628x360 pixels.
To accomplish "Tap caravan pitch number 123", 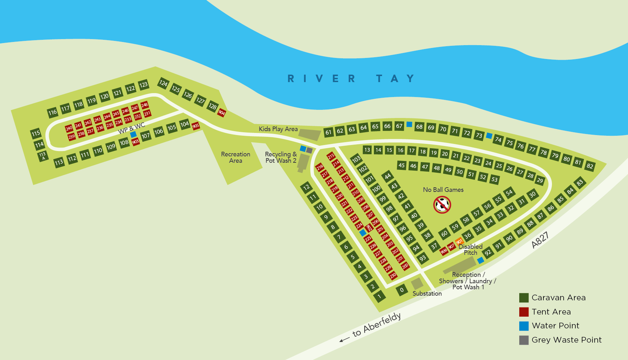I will [143, 85].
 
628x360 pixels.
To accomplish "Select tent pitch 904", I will [222, 113].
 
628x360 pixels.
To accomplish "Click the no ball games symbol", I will [442, 205].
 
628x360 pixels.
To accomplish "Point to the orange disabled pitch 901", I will [459, 242].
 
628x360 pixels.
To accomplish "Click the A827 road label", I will [540, 240].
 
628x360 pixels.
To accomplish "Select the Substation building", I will [417, 284].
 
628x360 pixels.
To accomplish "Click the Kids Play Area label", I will [278, 129].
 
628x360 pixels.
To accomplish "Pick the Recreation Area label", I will [235, 157].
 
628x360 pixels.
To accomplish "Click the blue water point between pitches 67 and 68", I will [409, 124].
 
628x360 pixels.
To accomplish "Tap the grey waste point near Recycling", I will [309, 150].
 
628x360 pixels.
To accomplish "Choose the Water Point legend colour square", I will [524, 326].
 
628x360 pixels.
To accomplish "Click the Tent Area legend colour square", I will [524, 312].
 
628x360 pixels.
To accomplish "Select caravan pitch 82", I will [590, 166].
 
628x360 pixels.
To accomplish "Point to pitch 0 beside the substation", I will [402, 290].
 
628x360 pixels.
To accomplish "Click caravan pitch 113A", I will [43, 156].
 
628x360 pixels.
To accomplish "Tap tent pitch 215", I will [331, 156].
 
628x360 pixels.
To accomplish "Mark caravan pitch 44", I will [387, 176].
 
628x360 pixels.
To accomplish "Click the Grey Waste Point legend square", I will [524, 340].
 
